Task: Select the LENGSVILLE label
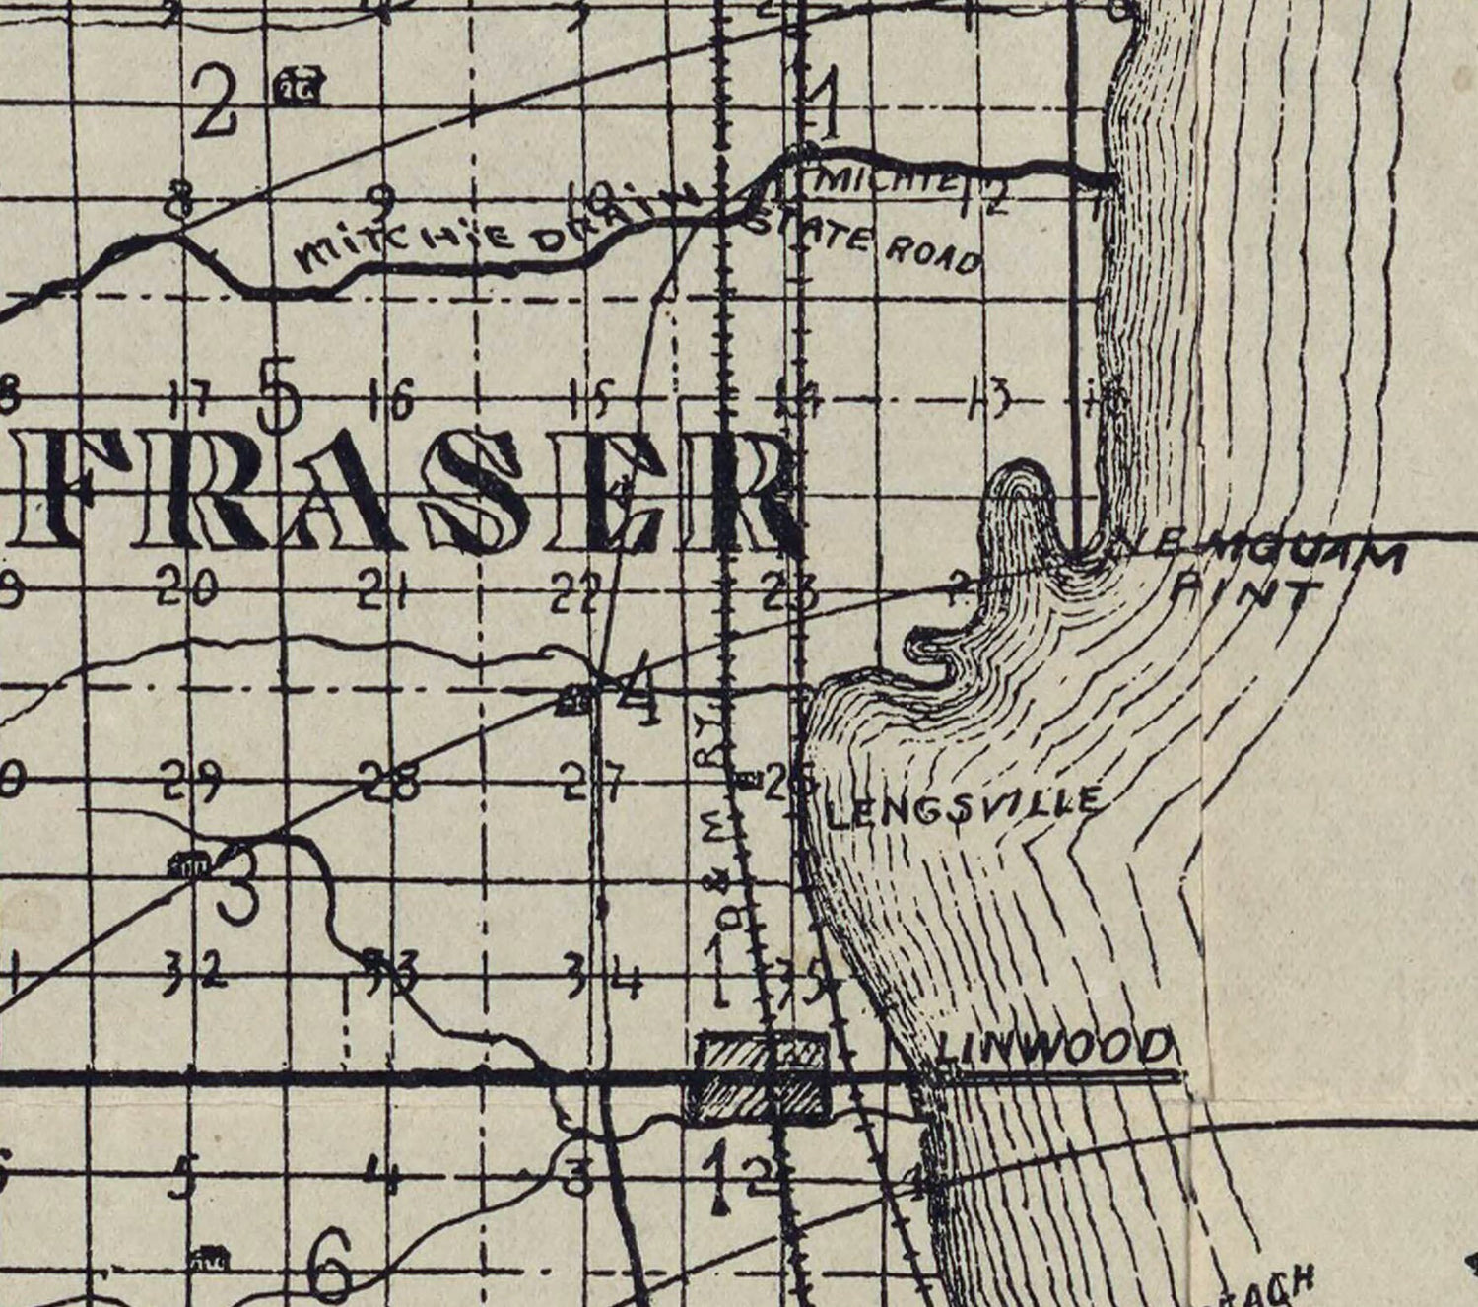tap(964, 808)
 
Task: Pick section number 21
tap(383, 591)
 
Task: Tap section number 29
tap(193, 783)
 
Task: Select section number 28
tap(390, 783)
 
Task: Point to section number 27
tap(593, 785)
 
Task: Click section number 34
tap(604, 978)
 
